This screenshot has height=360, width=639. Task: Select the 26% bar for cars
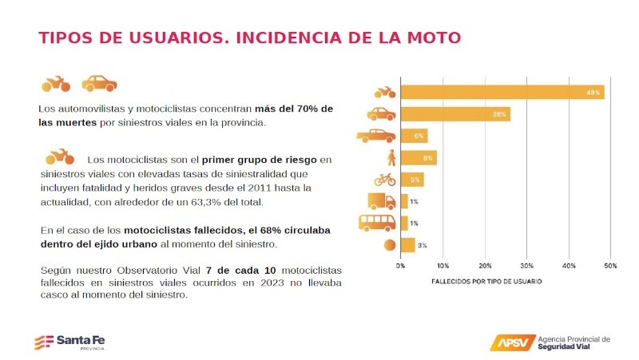point(455,114)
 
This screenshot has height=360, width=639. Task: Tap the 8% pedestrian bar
point(418,158)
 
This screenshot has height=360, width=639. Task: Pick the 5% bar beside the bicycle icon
point(411,180)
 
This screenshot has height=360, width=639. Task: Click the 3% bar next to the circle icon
point(407,245)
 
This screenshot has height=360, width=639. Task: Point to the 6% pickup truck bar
point(414,136)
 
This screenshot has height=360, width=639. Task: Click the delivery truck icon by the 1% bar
point(380,201)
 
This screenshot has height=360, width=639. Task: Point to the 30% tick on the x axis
point(526,265)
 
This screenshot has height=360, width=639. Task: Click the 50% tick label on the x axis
point(610,265)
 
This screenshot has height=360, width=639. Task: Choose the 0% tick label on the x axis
point(400,265)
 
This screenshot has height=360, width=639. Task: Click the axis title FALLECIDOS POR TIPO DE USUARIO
point(486,282)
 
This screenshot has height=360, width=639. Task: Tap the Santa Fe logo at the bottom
point(69,342)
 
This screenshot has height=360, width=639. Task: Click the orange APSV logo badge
point(511,342)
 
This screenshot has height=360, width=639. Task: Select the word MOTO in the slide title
point(431,38)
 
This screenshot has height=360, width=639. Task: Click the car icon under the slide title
point(99,82)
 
